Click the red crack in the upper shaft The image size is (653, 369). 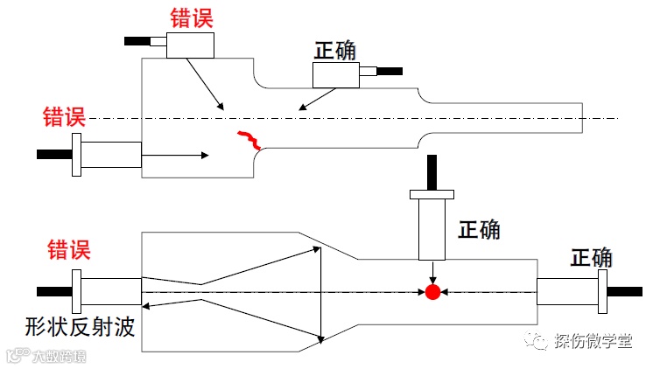pos(249,139)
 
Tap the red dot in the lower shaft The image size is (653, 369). pos(432,292)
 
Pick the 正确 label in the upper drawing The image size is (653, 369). pos(335,50)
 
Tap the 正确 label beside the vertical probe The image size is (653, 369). pos(479,229)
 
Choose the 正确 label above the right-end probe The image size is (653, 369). pos(592,258)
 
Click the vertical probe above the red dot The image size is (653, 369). pos(432,227)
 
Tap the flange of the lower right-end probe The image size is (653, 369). pos(601,290)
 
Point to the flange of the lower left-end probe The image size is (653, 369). pos(78,290)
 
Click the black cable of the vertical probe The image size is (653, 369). pos(432,171)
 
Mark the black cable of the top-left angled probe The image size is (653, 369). pos(139,40)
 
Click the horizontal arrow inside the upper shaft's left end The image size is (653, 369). pos(175,156)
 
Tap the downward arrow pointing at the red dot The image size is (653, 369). pos(432,272)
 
